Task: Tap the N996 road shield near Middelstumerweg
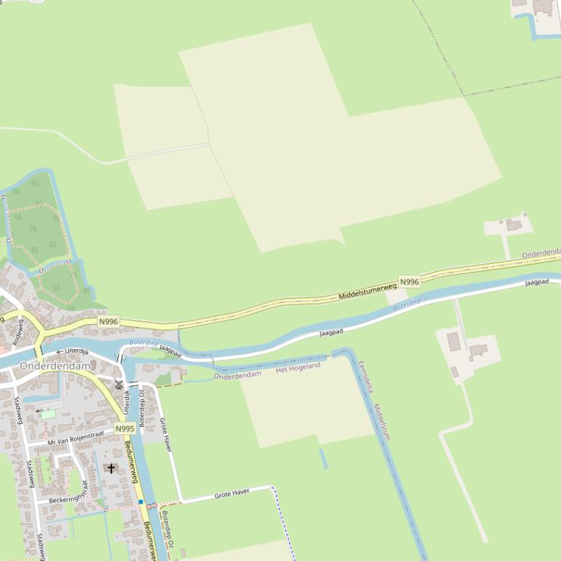[409, 282]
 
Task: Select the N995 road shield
[125, 428]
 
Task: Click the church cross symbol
[111, 468]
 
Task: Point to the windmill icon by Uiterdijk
[119, 384]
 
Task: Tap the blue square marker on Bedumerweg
[141, 501]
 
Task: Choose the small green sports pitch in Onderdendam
[48, 413]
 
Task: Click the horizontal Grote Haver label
[232, 493]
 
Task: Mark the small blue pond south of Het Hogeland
[323, 458]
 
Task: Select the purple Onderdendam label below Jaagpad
[238, 374]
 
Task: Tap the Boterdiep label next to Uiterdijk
[144, 342]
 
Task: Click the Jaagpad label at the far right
[537, 282]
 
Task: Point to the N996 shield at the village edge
[108, 321]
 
